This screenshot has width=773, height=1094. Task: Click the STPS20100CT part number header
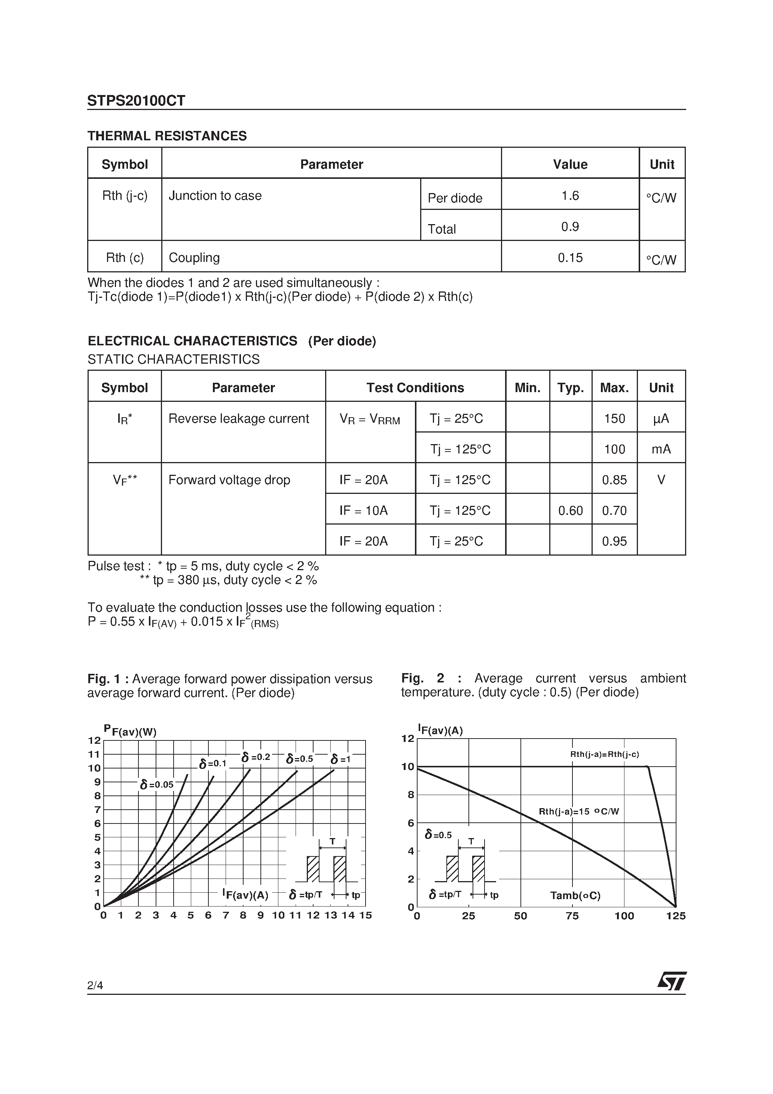coord(136,101)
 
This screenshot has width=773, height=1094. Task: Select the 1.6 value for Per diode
coord(569,195)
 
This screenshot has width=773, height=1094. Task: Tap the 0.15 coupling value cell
coord(569,258)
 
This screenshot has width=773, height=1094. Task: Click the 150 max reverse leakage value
coord(614,418)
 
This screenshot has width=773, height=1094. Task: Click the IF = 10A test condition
coord(363,511)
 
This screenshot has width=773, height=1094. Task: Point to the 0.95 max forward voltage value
coord(614,541)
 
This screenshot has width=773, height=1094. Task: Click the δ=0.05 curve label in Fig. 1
coord(157,784)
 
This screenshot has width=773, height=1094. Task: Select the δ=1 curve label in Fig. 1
coord(340,759)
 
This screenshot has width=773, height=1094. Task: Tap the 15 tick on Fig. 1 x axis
coord(365,915)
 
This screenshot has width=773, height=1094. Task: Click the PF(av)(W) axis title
coord(130,730)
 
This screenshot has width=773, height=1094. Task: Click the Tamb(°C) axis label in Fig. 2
coord(575,895)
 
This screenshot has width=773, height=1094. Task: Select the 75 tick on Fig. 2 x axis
coord(572,916)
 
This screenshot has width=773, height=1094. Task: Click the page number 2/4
coord(95,985)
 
